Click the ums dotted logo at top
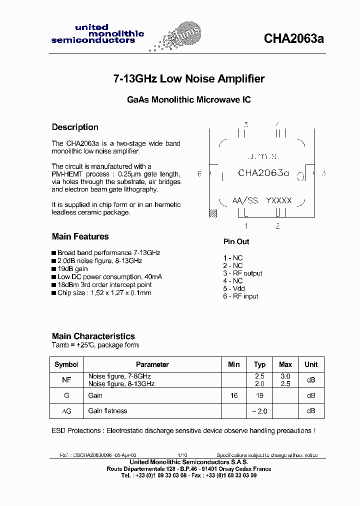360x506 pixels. pos(176,38)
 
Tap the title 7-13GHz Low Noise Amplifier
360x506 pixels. pos(188,78)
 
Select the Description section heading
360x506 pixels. pos(75,127)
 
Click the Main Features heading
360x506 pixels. pos(80,236)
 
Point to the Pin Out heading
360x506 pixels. pos(236,241)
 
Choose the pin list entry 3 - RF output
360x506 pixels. pos(242,273)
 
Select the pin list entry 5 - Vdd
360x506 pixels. pos(233,288)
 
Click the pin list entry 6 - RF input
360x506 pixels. pos(240,296)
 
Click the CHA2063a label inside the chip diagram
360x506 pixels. pos(263,173)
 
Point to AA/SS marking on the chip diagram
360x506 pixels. pos(245,200)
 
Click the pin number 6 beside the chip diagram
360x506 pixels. pos(199,173)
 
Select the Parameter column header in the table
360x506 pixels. pos(152,364)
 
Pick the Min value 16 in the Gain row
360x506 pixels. pos(233,395)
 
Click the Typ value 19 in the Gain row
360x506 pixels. pos(259,395)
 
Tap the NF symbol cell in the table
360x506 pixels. pos(66,380)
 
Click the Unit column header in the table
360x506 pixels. pos(311,364)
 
